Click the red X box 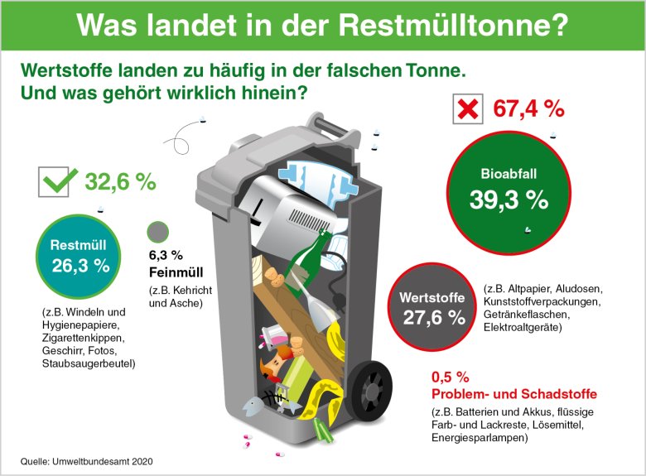coord(468,109)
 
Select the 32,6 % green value coord(121,182)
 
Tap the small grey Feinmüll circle coord(157,233)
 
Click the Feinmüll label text coord(176,272)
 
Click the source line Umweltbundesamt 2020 coord(87,460)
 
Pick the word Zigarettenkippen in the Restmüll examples coord(86,338)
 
